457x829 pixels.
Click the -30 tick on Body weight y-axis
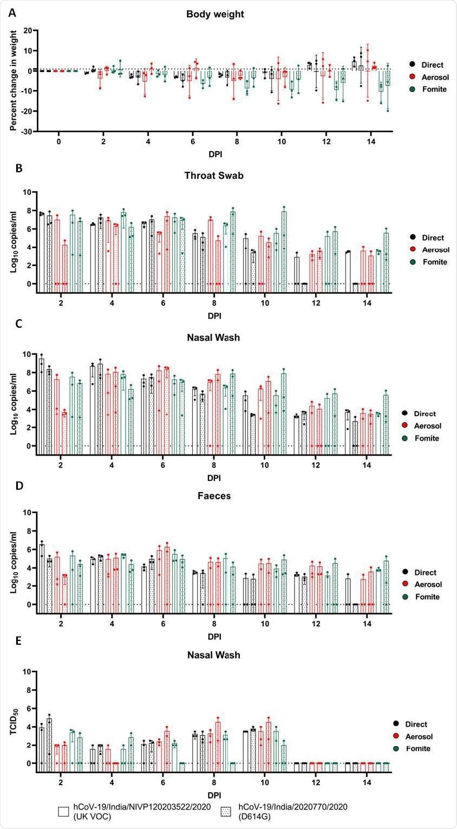pyautogui.click(x=25, y=132)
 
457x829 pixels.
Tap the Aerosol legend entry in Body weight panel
pyautogui.click(x=426, y=77)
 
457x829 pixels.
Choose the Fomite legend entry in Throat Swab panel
pyautogui.click(x=426, y=262)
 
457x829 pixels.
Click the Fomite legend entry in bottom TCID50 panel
pyautogui.click(x=426, y=748)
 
